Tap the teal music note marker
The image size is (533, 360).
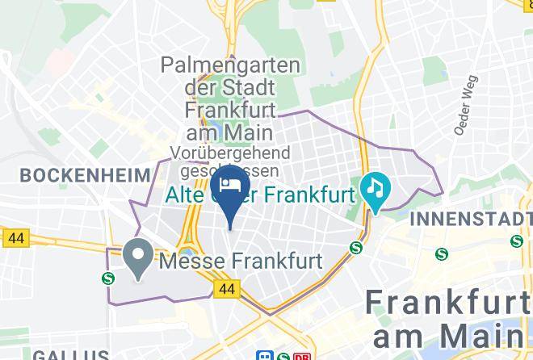(x=376, y=190)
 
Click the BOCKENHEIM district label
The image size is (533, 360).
(x=86, y=174)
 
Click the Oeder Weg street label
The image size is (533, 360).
(x=466, y=105)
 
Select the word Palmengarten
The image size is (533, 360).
(x=230, y=65)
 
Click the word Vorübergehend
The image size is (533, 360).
(x=229, y=153)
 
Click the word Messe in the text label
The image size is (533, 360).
(x=190, y=261)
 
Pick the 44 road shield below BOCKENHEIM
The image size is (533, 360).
(x=15, y=238)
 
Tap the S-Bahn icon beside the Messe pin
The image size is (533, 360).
(x=108, y=278)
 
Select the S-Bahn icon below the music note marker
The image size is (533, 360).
(x=355, y=248)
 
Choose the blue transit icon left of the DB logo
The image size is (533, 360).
(x=264, y=355)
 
